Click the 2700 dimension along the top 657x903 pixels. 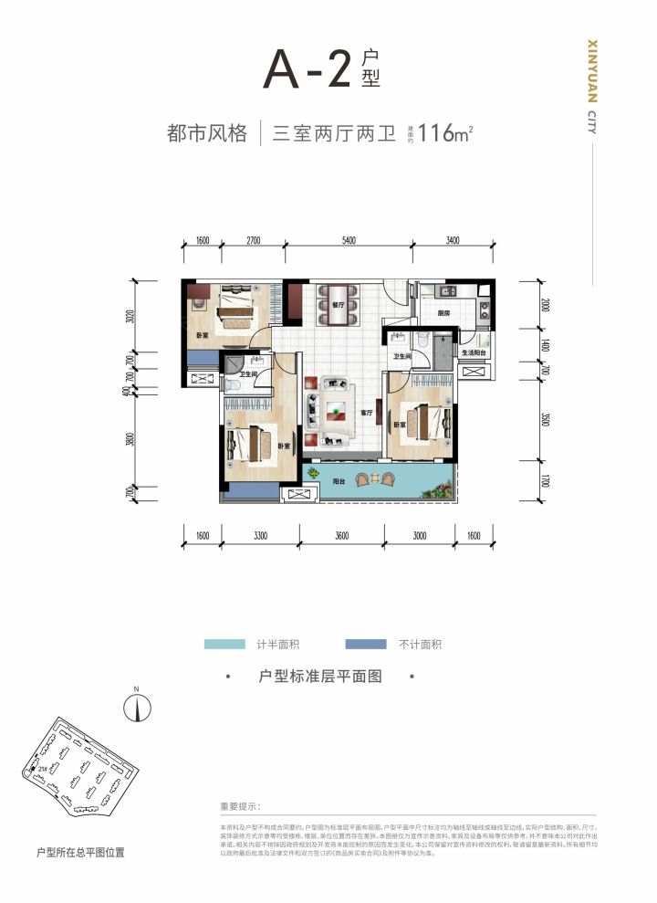[x=253, y=241]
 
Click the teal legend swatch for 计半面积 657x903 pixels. [x=225, y=645]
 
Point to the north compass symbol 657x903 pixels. [x=136, y=706]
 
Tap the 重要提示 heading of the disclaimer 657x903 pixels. [x=240, y=807]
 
